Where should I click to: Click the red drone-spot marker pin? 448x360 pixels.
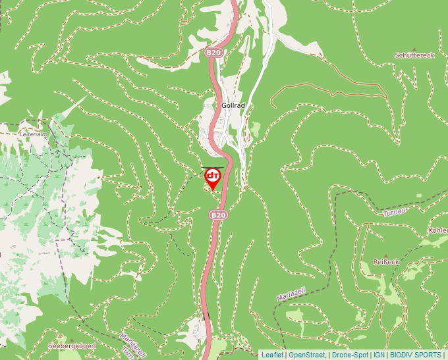click(x=213, y=177)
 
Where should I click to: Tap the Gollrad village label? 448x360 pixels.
click(x=234, y=105)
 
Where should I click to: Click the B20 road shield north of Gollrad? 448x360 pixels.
click(x=213, y=53)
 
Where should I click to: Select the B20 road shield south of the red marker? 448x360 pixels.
click(x=219, y=215)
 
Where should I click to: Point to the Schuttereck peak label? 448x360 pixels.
click(x=414, y=56)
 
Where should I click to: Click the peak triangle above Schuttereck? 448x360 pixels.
click(x=414, y=49)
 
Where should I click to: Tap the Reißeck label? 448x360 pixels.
click(x=386, y=261)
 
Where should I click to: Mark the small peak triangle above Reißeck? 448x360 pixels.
click(x=386, y=254)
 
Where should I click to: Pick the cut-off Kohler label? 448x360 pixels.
click(x=438, y=231)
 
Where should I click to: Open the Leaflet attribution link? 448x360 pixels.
click(x=272, y=355)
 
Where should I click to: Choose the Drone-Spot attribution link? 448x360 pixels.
click(x=350, y=355)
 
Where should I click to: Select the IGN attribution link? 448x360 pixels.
click(x=379, y=355)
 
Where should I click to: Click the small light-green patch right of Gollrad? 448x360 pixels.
click(x=255, y=129)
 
